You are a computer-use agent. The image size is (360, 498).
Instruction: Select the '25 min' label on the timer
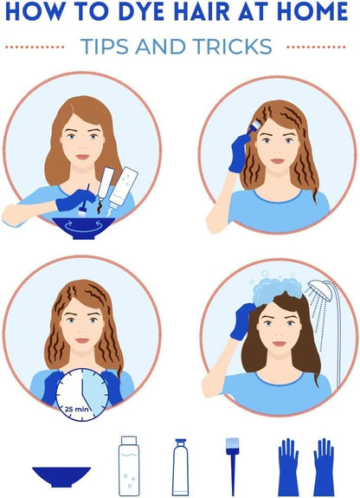coord(77,409)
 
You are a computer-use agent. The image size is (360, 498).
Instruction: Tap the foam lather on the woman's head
coord(277,290)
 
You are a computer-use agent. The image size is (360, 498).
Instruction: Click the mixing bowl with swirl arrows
coord(83,228)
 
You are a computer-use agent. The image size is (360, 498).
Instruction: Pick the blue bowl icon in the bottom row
coord(61,476)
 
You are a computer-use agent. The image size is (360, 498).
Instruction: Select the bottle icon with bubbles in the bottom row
coord(129,466)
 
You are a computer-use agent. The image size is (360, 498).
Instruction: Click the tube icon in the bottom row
coord(180,467)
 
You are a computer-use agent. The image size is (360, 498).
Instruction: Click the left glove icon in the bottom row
coord(288,467)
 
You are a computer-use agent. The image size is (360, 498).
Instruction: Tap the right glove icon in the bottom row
coord(324,467)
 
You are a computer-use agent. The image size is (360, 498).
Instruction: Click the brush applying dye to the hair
coord(254,127)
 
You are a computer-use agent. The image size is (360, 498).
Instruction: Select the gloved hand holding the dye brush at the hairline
coord(239,153)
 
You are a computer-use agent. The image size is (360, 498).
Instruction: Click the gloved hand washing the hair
coord(243,321)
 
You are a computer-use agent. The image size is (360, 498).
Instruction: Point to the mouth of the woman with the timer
coord(82,340)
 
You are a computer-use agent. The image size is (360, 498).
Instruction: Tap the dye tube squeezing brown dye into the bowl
coord(106,184)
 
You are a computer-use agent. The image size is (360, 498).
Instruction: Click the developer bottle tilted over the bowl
coord(124,186)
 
